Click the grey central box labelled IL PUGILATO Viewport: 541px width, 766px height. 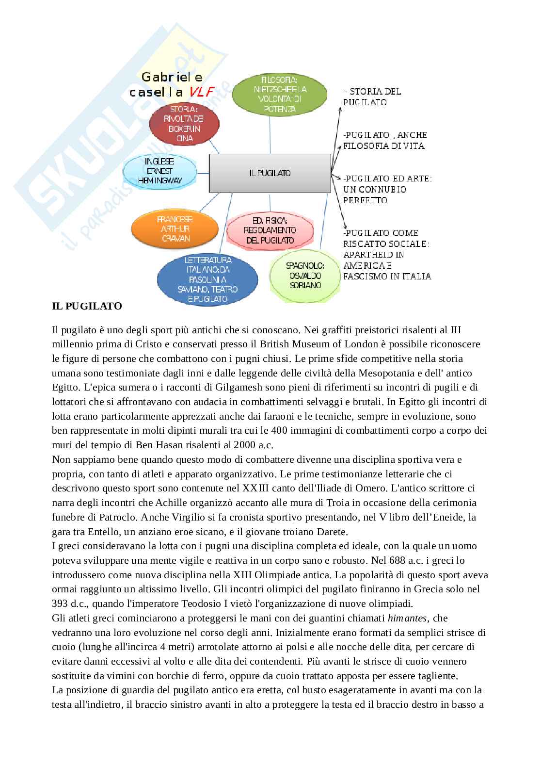(x=270, y=173)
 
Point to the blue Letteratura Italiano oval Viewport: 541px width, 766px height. (x=207, y=279)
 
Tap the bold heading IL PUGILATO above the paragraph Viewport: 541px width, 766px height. (x=87, y=306)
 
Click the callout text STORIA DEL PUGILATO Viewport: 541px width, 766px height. (x=372, y=97)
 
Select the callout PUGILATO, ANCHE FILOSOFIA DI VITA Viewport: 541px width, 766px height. (x=385, y=140)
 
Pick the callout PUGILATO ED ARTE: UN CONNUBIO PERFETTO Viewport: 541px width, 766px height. (x=387, y=189)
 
